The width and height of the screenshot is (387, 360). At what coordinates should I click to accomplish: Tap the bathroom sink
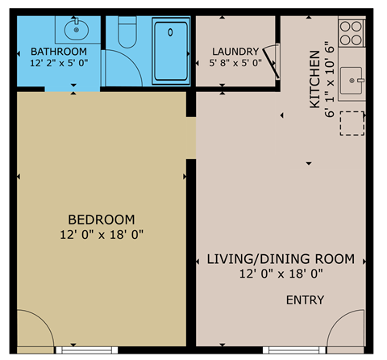(75, 31)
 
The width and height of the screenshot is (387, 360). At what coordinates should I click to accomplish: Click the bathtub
(171, 50)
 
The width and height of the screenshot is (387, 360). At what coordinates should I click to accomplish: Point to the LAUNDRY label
(235, 50)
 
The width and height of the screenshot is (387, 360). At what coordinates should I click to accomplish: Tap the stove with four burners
(352, 31)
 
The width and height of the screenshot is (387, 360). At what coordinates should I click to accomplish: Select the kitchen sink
(353, 81)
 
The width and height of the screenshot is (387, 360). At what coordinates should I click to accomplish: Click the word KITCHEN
(314, 81)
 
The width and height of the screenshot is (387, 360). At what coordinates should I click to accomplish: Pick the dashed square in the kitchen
(352, 123)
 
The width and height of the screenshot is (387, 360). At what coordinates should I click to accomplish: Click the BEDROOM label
(101, 219)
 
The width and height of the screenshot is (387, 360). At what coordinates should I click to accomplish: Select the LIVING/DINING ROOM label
(281, 259)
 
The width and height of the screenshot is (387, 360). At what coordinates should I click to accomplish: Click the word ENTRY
(305, 300)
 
